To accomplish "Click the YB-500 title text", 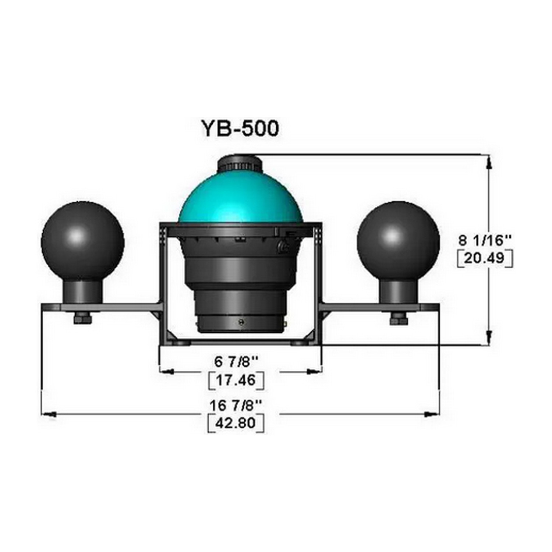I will (240, 128).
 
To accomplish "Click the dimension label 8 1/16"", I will (485, 241).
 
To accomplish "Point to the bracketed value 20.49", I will (485, 258).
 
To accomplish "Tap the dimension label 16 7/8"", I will (236, 406).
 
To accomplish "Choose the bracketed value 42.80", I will (236, 422).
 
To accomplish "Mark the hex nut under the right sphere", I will (399, 319).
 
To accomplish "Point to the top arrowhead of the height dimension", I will (489, 162).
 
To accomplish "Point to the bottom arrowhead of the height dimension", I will (489, 338).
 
